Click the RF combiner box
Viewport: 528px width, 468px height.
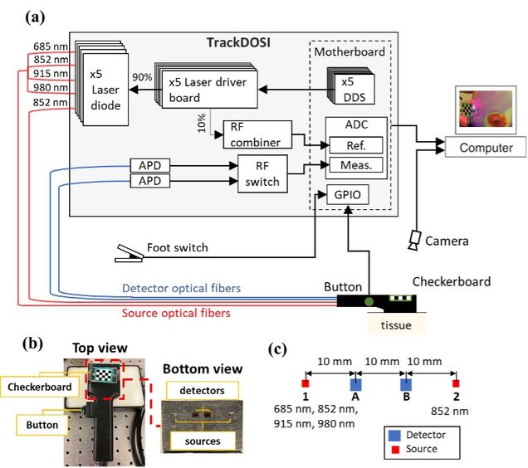click(x=256, y=133)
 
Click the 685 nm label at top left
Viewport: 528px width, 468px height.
click(x=49, y=46)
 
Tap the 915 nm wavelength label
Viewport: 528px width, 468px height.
click(x=49, y=73)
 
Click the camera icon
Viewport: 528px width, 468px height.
click(x=414, y=240)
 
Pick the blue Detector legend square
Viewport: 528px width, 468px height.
click(x=390, y=434)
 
